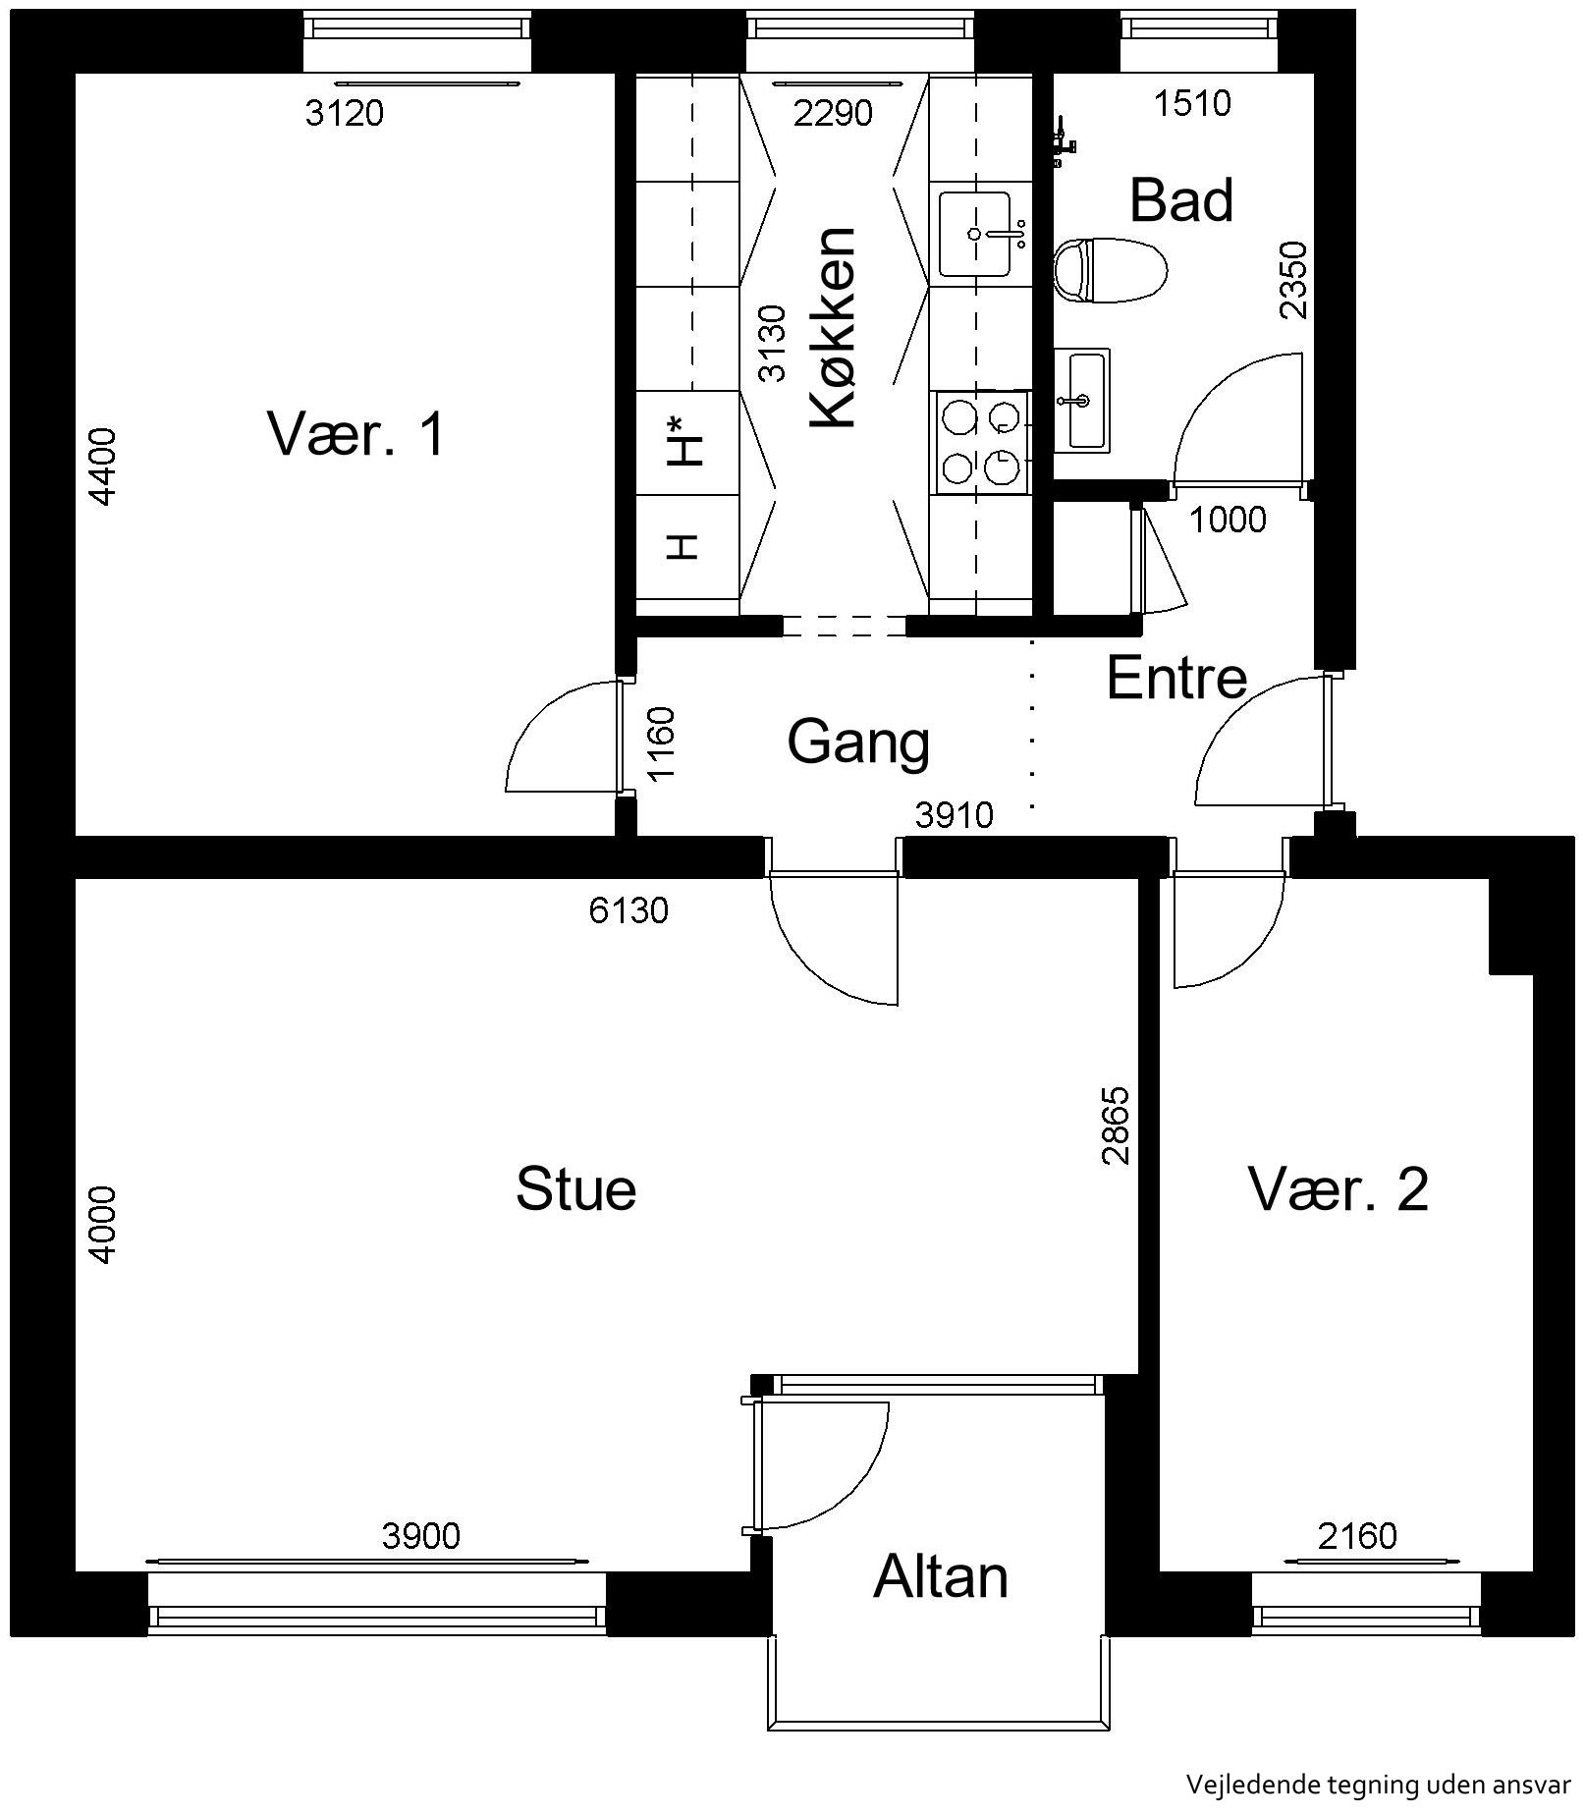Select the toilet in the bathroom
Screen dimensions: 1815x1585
[1110, 270]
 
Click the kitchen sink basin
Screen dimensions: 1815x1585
[974, 235]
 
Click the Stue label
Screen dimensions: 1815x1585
[575, 1188]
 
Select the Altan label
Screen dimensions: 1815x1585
[941, 1577]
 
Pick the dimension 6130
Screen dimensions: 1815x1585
[629, 911]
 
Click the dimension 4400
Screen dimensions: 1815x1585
[102, 467]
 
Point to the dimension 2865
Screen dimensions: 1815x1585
[1117, 1126]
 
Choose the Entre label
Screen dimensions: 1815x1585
[1176, 678]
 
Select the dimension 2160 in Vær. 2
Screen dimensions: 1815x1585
[1357, 1535]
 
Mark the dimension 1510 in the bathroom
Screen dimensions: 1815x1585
[1192, 103]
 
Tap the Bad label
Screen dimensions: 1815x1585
[1181, 200]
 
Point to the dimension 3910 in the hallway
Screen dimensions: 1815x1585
[954, 815]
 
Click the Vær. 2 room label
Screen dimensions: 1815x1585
[1338, 1189]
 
